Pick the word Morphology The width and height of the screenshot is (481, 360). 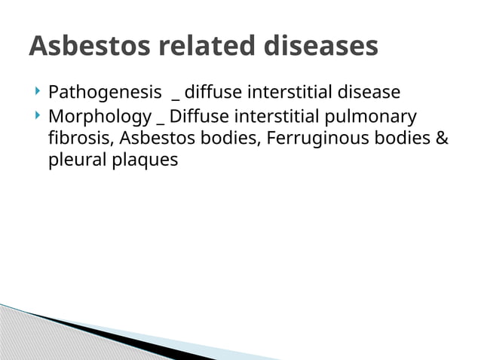click(x=99, y=117)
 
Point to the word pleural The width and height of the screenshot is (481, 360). click(x=74, y=160)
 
